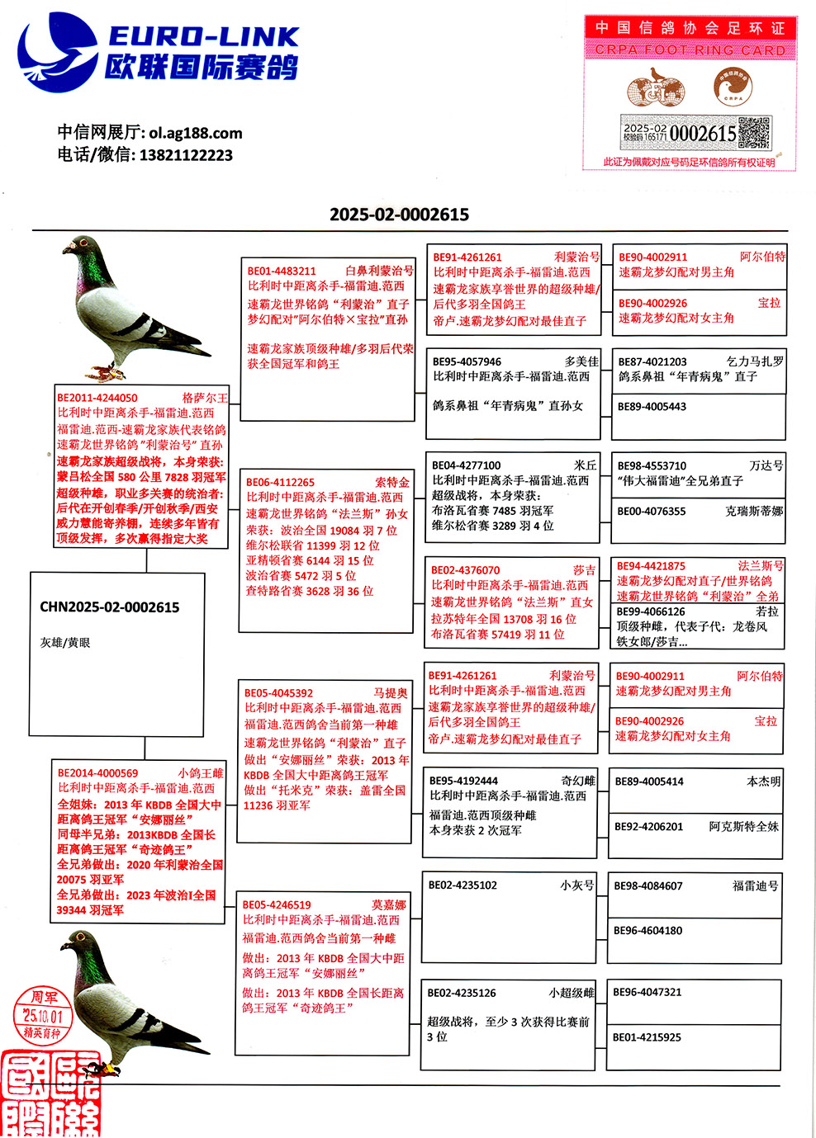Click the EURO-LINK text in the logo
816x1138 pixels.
(x=203, y=37)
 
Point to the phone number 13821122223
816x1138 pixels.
(x=186, y=155)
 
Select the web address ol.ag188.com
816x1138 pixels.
(x=196, y=133)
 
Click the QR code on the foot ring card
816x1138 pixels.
(x=753, y=133)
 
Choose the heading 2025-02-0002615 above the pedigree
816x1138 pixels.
(x=399, y=215)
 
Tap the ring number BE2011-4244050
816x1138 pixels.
(x=97, y=398)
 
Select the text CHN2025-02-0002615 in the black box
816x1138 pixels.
(x=109, y=607)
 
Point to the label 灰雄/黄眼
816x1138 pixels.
(x=65, y=642)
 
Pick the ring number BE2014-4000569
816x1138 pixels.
(x=98, y=773)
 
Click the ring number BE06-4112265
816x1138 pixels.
(x=280, y=482)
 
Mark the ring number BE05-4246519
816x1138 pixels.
(x=277, y=904)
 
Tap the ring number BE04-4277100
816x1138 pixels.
(x=466, y=465)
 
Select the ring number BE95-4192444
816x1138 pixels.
(x=463, y=781)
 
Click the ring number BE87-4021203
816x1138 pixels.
(x=652, y=361)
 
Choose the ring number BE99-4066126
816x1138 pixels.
(x=651, y=611)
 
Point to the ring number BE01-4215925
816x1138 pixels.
(x=647, y=1037)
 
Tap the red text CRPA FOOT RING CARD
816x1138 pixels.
(x=690, y=50)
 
